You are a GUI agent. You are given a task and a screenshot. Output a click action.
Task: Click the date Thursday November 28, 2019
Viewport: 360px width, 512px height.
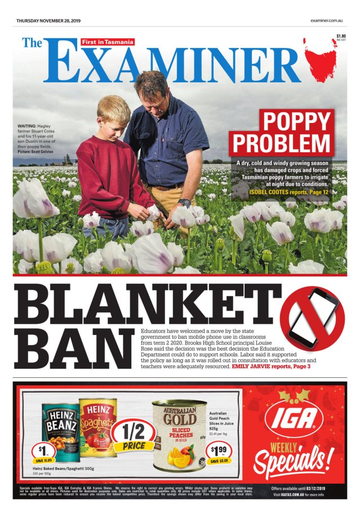point(48,21)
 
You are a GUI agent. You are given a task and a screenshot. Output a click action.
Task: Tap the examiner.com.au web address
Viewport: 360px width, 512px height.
point(327,21)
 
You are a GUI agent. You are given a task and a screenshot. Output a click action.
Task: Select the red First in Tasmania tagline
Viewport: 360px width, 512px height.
point(108,42)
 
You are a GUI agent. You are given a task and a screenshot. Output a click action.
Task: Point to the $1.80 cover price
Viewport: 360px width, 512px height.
point(341,37)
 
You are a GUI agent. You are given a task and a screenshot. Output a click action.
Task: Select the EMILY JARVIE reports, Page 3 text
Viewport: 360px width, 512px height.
point(271,367)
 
